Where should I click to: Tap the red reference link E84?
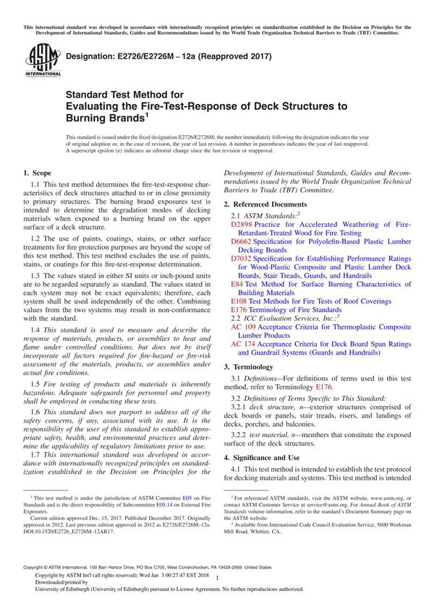238,284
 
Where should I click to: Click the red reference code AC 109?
244,327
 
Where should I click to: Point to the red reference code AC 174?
244,344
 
